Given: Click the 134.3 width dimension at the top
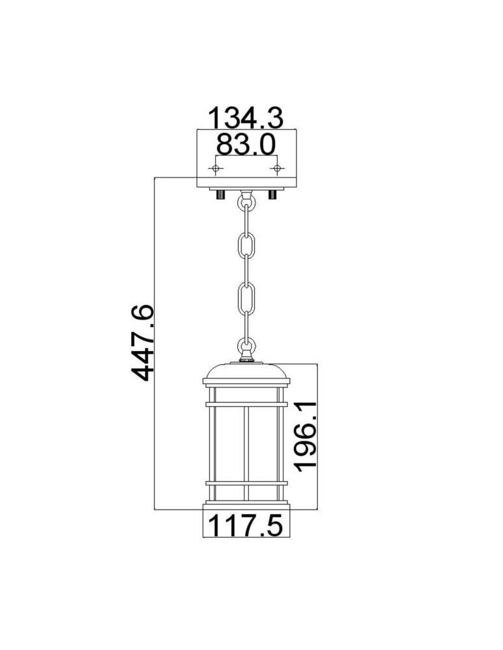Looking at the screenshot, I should (x=245, y=118).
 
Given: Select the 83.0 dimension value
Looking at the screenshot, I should (x=245, y=144).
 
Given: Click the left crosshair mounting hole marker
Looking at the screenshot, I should (x=215, y=169).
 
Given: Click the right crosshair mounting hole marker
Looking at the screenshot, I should (x=277, y=169).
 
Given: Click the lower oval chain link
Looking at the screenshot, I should (x=246, y=300).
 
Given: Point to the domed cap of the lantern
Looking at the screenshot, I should (x=246, y=372).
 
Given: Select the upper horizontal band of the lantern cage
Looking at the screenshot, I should (x=246, y=404).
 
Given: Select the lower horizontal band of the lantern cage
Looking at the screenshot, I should (x=246, y=483).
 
